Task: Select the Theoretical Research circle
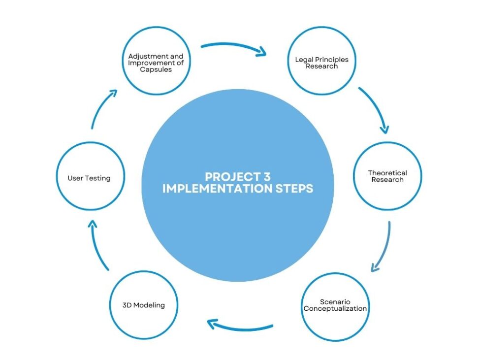point(387,177)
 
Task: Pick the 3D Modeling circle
point(143,305)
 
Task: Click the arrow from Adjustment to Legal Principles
point(234,48)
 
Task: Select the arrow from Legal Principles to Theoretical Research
point(375,109)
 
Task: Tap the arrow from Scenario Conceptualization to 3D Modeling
point(240,326)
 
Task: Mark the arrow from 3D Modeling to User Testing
point(98,244)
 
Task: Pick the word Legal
point(303,60)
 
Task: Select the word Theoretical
point(387,173)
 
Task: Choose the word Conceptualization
point(335,309)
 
